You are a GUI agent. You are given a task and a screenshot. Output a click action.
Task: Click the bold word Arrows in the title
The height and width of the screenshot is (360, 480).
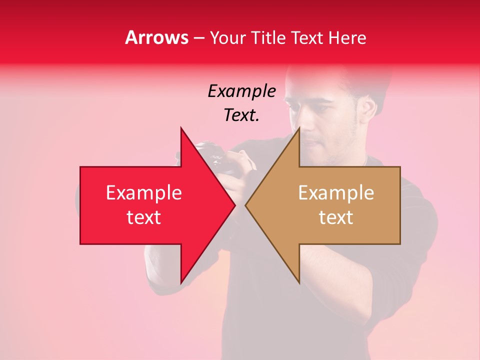pos(157,37)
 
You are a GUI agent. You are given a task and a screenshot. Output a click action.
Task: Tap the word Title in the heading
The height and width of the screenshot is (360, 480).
pos(268,37)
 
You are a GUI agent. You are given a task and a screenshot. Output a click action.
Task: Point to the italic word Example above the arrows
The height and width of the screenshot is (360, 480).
pos(241,91)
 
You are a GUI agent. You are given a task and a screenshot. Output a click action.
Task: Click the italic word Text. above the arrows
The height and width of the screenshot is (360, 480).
pos(241,115)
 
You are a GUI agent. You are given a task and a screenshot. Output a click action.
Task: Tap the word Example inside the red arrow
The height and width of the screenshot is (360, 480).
pos(143,193)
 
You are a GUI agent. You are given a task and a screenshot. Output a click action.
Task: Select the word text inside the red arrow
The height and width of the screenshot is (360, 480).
pos(143,217)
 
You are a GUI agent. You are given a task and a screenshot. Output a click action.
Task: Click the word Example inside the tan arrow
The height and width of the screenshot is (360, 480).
pos(336,193)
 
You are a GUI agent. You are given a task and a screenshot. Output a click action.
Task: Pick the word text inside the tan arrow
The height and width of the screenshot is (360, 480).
pos(336,217)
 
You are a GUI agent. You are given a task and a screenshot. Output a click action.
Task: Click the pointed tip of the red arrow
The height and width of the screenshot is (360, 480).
pos(234,205)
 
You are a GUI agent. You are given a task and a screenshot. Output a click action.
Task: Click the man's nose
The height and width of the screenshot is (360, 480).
pos(306,127)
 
